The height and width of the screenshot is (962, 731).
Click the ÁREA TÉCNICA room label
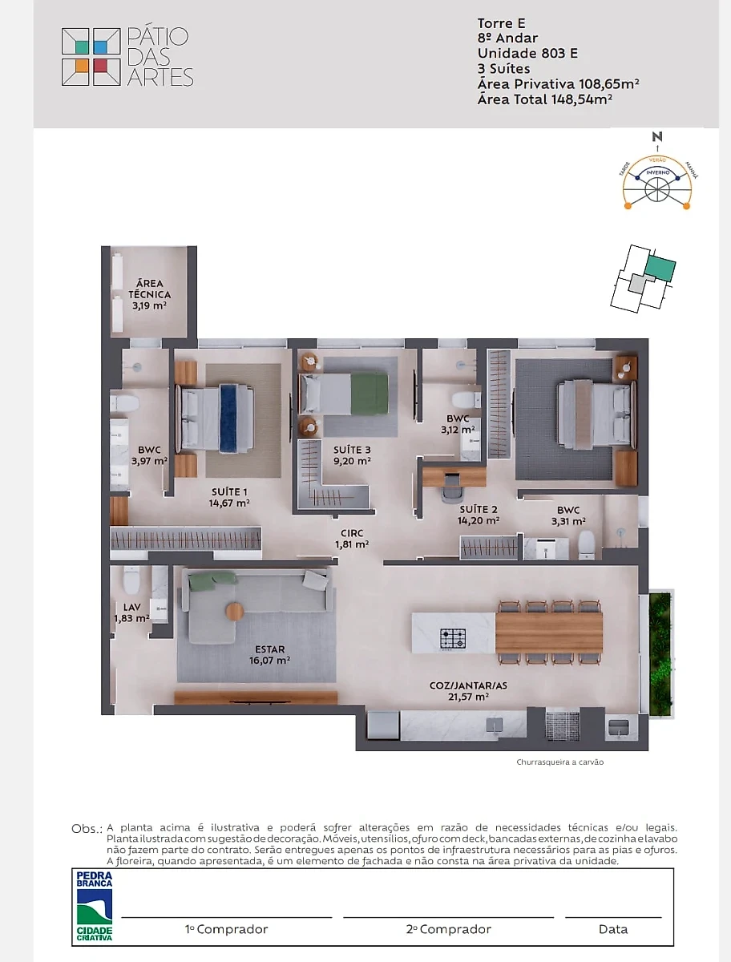tap(149, 289)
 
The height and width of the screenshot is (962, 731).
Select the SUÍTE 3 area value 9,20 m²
tap(352, 461)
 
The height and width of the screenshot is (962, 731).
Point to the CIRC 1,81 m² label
tap(352, 539)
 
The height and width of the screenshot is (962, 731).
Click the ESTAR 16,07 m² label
tap(270, 655)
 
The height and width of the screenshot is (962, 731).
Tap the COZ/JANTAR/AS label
tap(468, 685)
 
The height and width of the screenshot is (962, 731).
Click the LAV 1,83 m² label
tap(131, 612)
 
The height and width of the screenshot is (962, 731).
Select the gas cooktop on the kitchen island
tap(453, 639)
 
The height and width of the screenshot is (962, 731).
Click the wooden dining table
tap(549, 633)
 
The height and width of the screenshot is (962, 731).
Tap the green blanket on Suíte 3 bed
tap(370, 393)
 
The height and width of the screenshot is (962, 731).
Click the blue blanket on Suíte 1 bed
tap(228, 418)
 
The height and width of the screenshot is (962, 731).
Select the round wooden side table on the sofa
tap(234, 611)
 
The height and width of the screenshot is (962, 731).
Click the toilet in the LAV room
tap(131, 580)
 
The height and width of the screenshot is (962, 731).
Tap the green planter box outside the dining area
tap(660, 654)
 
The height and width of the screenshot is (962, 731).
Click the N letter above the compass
tap(657, 137)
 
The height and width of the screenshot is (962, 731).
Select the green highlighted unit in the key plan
tap(660, 269)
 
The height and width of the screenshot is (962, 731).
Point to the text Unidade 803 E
tap(527, 54)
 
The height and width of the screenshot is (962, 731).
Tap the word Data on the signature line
tap(613, 929)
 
